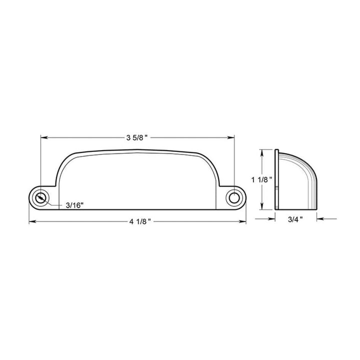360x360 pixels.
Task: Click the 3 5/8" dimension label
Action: pyautogui.click(x=137, y=138)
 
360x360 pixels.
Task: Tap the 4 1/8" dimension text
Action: pyautogui.click(x=140, y=221)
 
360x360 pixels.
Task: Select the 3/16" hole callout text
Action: pyautogui.click(x=74, y=205)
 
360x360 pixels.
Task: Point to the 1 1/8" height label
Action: pyautogui.click(x=261, y=180)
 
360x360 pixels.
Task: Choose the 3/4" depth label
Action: pyautogui.click(x=295, y=219)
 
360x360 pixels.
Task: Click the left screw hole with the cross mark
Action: pyautogui.click(x=40, y=198)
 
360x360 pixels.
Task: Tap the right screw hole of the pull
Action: pyautogui.click(x=234, y=198)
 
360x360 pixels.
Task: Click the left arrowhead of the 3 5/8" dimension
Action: pyautogui.click(x=44, y=138)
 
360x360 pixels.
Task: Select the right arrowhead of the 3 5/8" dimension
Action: pyautogui.click(x=231, y=138)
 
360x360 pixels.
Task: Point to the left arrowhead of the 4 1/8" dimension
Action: pyautogui.click(x=32, y=221)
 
